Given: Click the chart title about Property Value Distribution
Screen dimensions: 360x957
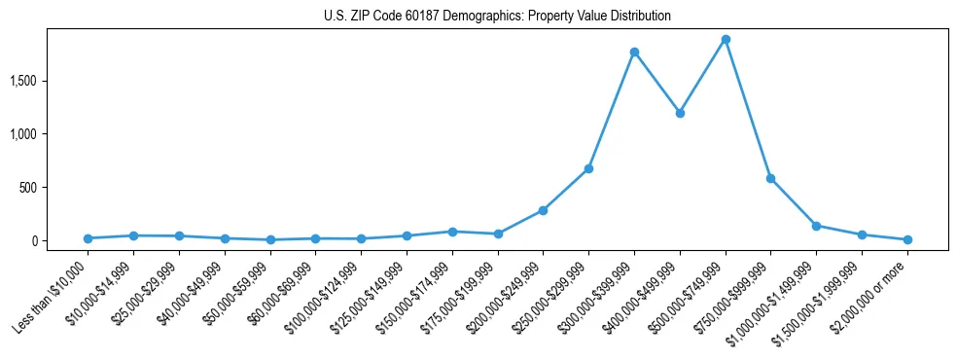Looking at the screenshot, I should point(497,16).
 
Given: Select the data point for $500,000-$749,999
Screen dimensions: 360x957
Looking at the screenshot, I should point(726,40).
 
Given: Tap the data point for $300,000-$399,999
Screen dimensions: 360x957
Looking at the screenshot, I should point(634,52).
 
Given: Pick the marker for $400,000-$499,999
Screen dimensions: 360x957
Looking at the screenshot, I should point(680,113).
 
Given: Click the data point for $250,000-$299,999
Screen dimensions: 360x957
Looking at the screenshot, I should point(588,168).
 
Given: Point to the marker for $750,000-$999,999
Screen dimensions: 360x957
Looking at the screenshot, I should point(770,178).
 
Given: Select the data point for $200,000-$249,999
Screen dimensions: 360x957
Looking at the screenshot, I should point(543,210).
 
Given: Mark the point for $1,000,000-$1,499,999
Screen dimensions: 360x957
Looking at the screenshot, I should point(816,226).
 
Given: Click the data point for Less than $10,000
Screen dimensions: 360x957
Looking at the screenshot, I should point(88,238).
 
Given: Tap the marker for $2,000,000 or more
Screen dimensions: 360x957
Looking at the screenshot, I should point(907,239).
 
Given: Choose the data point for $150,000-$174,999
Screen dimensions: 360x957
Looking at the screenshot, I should point(452,232).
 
